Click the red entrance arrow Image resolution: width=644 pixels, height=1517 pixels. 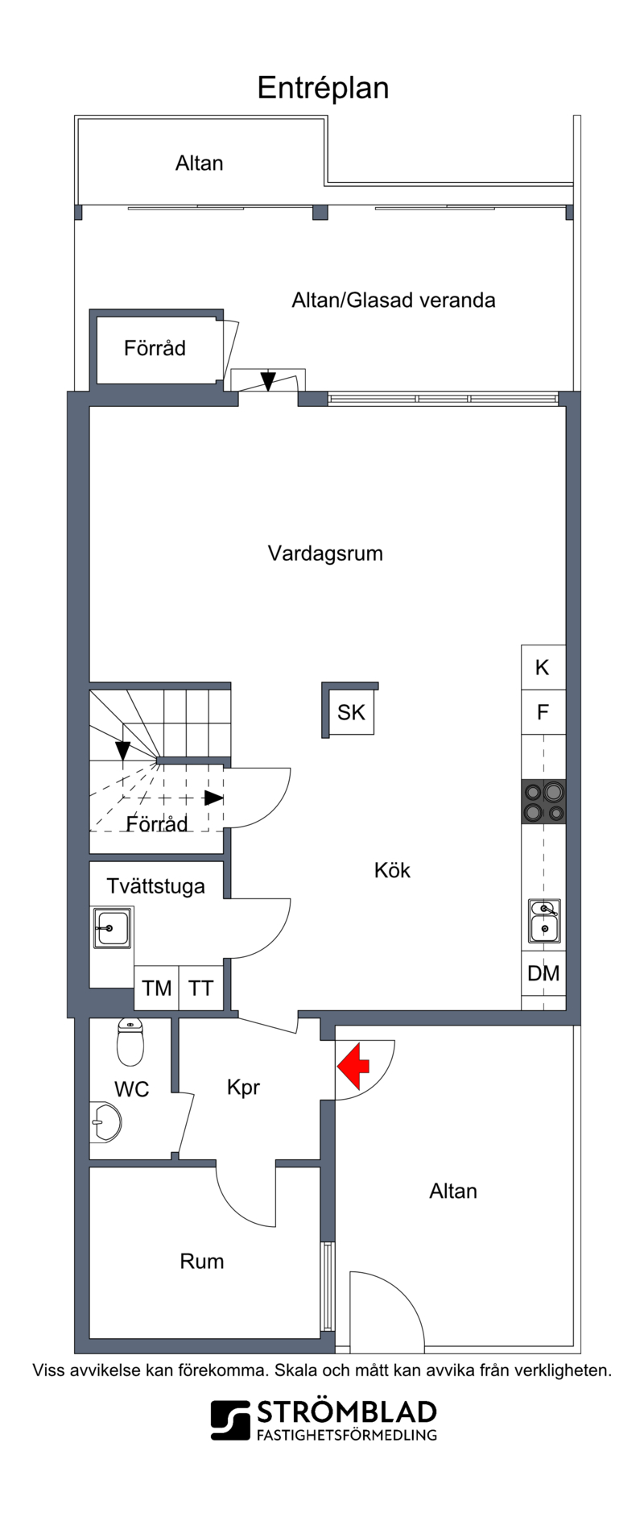353,1067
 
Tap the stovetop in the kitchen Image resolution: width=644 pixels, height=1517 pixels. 543,802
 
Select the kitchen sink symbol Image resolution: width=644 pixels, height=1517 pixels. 545,921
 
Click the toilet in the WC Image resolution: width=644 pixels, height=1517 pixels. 130,1042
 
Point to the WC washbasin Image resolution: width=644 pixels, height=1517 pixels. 105,1121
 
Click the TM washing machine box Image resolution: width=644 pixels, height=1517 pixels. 156,988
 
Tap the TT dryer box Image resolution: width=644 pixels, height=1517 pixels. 200,988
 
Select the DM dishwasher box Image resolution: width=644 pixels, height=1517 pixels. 543,973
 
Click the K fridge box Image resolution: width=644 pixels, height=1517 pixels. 543,667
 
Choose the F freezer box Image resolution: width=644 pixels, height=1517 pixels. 543,712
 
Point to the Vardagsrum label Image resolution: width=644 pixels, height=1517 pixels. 325,553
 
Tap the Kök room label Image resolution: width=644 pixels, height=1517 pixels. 392,870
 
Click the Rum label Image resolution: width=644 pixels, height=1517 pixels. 201,1261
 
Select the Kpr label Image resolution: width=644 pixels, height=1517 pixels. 243,1088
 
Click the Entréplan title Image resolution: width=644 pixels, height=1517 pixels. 323,88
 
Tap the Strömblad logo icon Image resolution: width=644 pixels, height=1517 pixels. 230,1420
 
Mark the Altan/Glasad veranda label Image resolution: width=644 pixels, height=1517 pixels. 393,300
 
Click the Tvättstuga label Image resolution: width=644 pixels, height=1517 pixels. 155,886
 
